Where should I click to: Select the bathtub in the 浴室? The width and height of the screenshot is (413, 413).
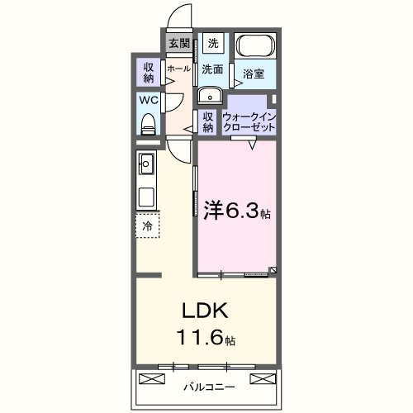(256, 48)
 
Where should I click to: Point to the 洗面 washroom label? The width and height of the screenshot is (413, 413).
(212, 70)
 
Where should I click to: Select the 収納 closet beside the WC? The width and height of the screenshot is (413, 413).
(149, 72)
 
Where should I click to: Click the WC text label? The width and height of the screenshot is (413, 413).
(149, 101)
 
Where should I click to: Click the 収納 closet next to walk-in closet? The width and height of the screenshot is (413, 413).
(208, 122)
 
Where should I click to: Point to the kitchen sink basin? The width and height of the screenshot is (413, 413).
(146, 163)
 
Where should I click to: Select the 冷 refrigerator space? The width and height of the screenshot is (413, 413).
(147, 225)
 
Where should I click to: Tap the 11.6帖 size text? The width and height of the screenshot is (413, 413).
(206, 339)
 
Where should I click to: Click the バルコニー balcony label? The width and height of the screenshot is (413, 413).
(208, 386)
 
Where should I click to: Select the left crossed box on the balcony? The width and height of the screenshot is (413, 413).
(153, 379)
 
